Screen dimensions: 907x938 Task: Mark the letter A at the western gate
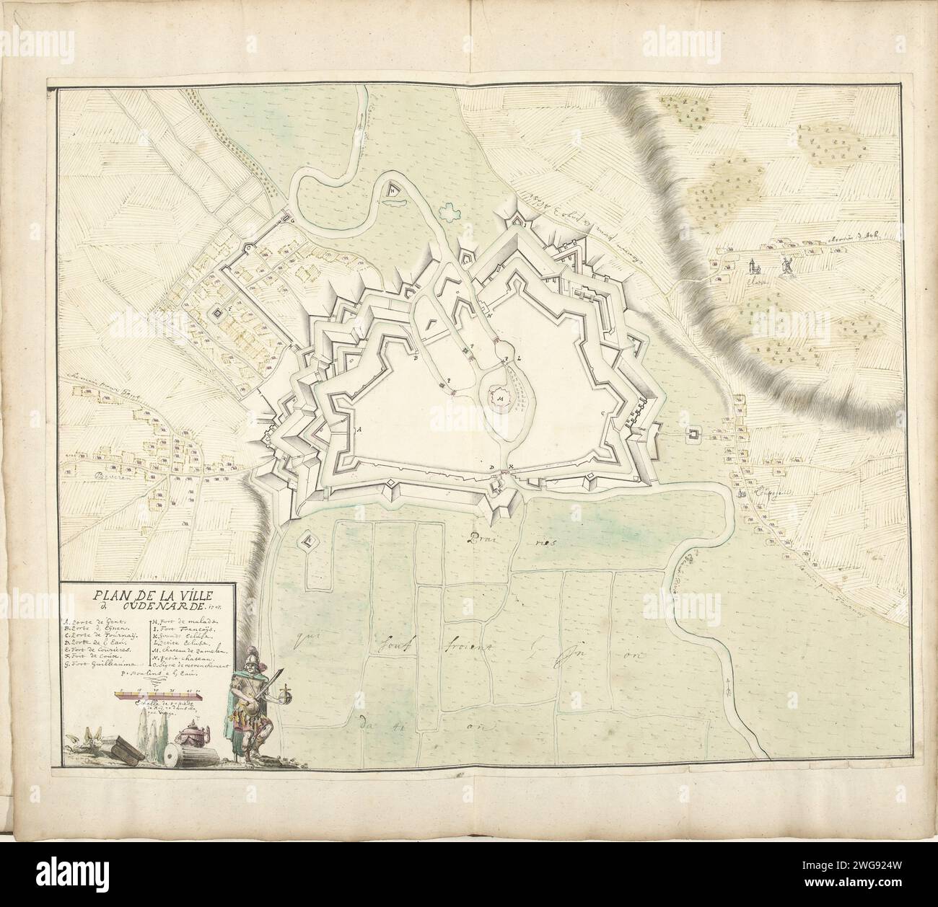click(358, 428)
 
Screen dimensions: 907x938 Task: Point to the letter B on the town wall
click(416, 355)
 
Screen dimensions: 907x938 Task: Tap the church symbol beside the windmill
click(754, 267)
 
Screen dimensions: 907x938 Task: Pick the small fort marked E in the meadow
click(308, 539)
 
